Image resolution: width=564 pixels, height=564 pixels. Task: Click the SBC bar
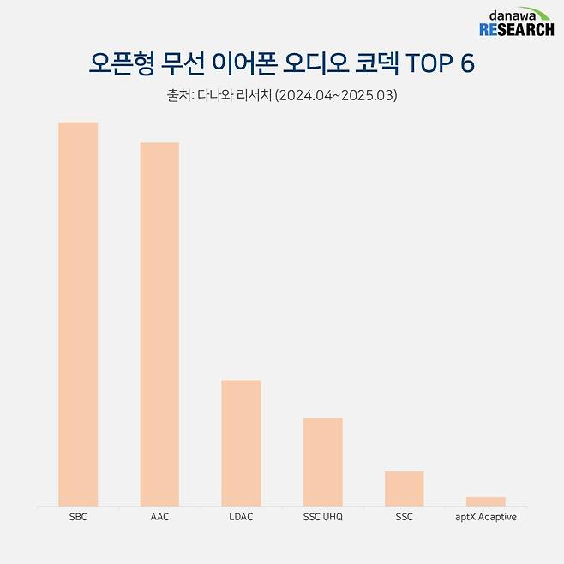[78, 314]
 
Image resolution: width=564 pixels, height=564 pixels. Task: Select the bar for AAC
[159, 324]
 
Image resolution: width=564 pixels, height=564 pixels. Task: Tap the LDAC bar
[241, 442]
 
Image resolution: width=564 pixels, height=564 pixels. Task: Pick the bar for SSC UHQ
[322, 461]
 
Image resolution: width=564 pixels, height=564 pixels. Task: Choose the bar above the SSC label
[404, 488]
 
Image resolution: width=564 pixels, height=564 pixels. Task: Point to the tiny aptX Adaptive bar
[485, 501]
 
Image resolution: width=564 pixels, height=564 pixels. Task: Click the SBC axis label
[78, 518]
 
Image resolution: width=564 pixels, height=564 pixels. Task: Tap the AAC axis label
[159, 518]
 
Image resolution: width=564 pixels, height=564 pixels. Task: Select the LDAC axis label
[241, 518]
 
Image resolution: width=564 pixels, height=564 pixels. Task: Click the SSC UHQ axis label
[322, 518]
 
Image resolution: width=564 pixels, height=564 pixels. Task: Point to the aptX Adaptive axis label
[485, 518]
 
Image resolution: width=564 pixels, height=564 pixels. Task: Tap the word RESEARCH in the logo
[516, 30]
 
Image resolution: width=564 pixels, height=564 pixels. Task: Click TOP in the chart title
[427, 63]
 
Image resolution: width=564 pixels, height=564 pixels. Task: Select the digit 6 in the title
[467, 63]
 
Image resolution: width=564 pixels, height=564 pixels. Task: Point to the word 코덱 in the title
[365, 63]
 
